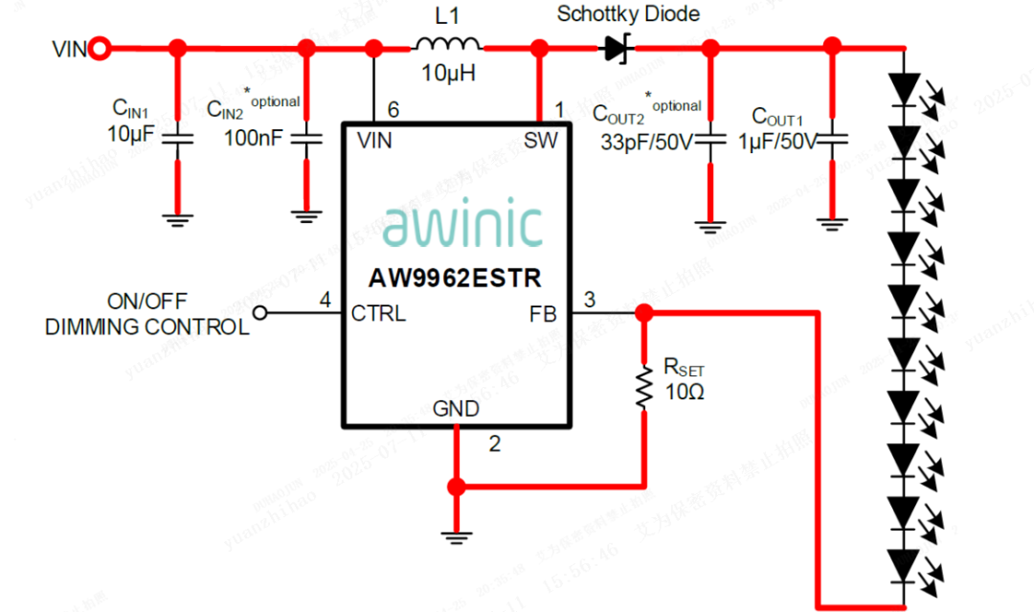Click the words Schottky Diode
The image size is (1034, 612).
pos(628,14)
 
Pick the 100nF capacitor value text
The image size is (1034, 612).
pos(254,138)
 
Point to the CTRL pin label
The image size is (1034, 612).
pos(379,313)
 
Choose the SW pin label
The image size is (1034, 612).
pos(541,141)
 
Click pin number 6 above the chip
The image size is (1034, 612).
pos(393,111)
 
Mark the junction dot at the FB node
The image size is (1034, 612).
pos(644,312)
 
